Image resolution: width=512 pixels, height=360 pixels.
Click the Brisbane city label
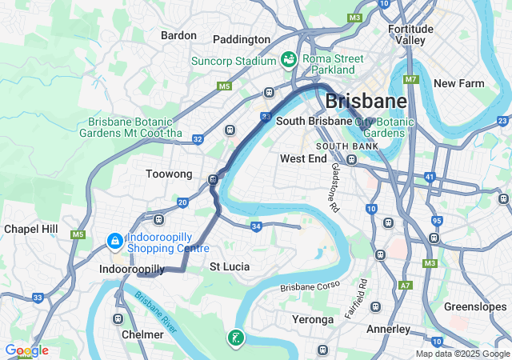coord(366,102)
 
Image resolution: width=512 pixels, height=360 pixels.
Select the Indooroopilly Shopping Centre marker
coord(115,240)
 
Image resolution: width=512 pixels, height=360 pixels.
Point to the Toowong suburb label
coord(169,174)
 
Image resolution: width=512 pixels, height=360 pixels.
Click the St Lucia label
coord(230,266)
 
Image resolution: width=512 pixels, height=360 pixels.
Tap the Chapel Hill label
coord(31,229)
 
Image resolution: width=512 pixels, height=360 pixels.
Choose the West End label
coord(303,158)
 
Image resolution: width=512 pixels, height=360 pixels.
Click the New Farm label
coord(459,83)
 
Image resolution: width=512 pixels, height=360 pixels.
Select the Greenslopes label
coord(476,306)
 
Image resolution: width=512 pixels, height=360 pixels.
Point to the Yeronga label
coord(313,319)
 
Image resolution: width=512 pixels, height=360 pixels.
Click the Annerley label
coord(388,329)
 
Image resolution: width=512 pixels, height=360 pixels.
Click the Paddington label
coord(242,39)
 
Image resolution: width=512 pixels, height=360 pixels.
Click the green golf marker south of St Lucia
coord(235,338)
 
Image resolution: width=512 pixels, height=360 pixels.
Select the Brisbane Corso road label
coord(310,286)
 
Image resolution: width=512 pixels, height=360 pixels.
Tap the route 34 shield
coord(256,227)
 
